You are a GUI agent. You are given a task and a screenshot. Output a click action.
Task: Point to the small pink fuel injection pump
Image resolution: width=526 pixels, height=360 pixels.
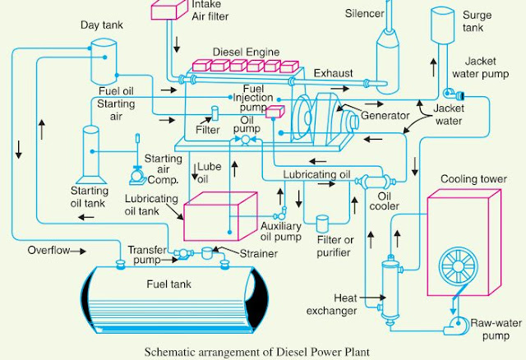click(x=276, y=116)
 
